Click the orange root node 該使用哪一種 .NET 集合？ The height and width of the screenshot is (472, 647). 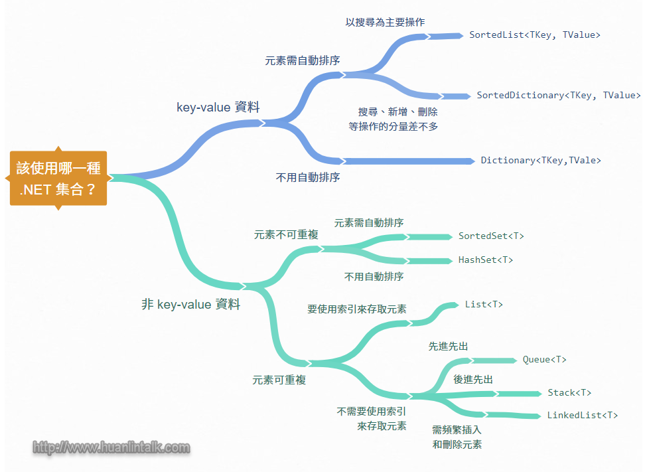tap(58, 178)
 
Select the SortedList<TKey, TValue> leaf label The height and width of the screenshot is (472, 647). tap(534, 35)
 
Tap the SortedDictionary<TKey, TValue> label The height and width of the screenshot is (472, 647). tap(558, 96)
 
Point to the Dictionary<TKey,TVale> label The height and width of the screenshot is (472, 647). tap(541, 160)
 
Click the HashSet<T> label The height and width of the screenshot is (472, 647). tap(485, 260)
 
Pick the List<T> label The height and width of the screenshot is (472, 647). tap(484, 304)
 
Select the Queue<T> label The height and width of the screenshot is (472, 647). tap(544, 359)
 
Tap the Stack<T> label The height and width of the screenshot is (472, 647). tap(569, 393)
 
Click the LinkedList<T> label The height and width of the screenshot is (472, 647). tap(582, 415)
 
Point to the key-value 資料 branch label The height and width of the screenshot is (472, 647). tap(218, 107)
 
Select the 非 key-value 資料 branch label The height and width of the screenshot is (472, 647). tap(190, 305)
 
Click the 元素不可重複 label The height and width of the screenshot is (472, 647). tap(286, 235)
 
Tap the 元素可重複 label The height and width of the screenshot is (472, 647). tap(279, 380)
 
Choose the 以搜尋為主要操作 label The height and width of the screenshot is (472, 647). tap(385, 22)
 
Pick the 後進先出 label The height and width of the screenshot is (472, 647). tap(473, 379)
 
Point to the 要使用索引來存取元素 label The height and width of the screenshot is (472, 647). tap(357, 309)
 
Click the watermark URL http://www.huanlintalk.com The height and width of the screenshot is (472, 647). tap(111, 447)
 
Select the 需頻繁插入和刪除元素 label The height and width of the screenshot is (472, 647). tap(457, 437)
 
